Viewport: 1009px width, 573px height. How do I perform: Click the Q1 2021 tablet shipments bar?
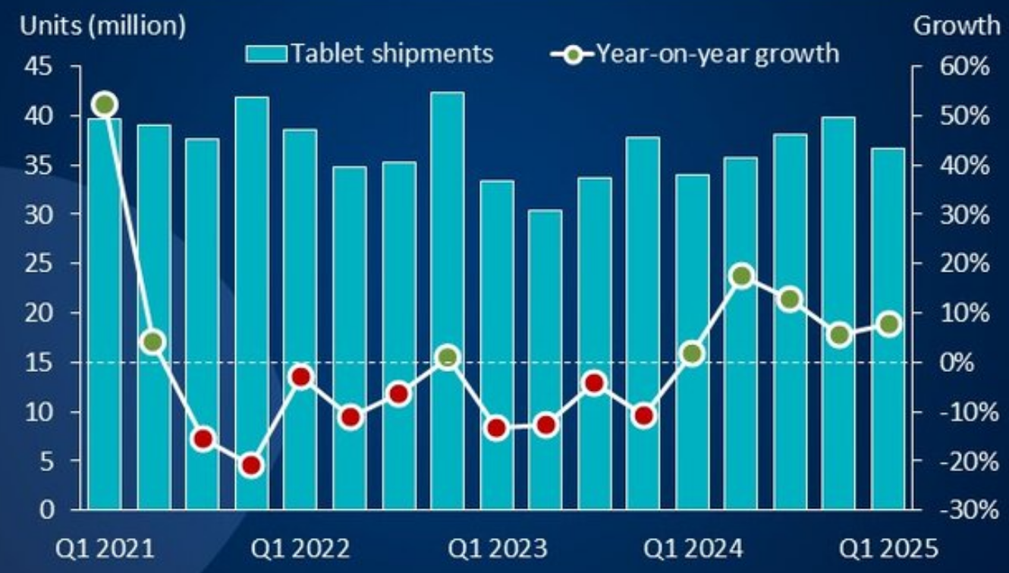(x=105, y=319)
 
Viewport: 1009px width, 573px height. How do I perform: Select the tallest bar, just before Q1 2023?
(x=448, y=304)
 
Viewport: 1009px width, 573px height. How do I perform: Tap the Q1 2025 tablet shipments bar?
(x=888, y=330)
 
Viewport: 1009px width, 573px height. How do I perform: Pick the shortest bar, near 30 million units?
(x=545, y=360)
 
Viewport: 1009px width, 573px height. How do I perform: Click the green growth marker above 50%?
(x=105, y=105)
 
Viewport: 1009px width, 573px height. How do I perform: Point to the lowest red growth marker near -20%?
(x=252, y=465)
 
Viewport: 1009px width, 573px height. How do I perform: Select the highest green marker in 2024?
(x=742, y=276)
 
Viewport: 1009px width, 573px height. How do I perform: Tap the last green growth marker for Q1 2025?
(x=889, y=325)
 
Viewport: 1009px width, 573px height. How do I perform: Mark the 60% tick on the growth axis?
(x=965, y=68)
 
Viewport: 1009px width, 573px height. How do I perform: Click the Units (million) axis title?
(x=102, y=26)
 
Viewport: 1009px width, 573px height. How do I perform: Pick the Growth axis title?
(x=956, y=26)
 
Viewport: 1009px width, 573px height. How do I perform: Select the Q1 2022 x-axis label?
(x=301, y=549)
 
